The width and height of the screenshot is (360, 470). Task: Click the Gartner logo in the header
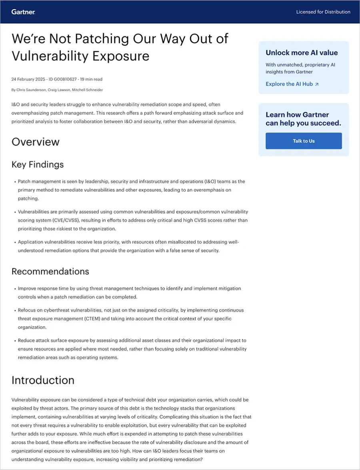coord(24,12)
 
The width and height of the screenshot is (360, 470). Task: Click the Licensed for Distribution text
coord(323,12)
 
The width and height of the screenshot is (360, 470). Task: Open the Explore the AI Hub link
coord(289,84)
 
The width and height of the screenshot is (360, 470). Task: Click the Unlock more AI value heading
coord(302,53)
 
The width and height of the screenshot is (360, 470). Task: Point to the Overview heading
coord(36,142)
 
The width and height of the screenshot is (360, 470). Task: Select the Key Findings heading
coord(38,165)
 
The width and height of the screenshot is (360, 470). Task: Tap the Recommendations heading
coord(50,271)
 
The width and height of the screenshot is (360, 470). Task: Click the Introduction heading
coord(43,380)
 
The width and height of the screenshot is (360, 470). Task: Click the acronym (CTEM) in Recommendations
coord(105,319)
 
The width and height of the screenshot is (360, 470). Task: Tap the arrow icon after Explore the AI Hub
coord(317,84)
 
